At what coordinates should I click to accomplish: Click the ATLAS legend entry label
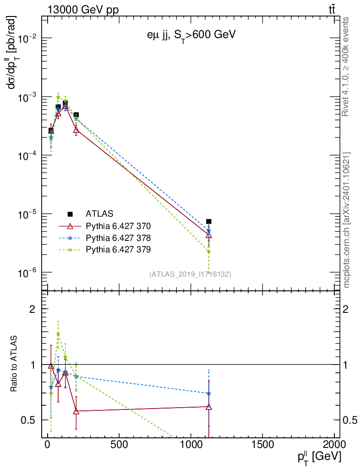(99, 214)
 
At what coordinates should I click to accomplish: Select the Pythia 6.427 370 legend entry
(118, 226)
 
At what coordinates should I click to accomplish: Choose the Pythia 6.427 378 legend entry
(118, 238)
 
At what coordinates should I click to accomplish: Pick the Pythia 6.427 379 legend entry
(118, 250)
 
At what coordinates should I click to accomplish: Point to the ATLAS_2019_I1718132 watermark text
(190, 274)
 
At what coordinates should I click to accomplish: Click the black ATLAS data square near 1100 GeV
(209, 222)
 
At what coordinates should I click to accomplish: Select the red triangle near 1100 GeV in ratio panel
(209, 407)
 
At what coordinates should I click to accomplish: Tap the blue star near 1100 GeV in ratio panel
(209, 393)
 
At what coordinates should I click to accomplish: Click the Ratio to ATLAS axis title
(14, 364)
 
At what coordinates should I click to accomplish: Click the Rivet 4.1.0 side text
(346, 67)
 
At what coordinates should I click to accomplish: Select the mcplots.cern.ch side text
(346, 220)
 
